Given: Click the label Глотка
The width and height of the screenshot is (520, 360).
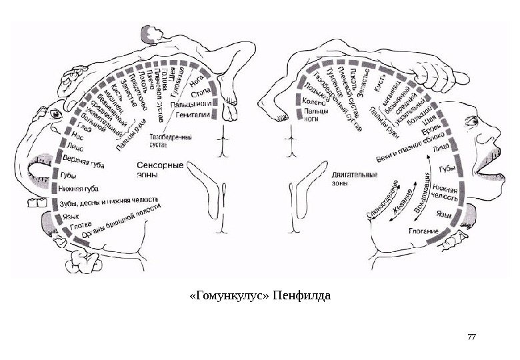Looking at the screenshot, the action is pos(71,226).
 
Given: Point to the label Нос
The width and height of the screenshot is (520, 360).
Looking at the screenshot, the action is pos(68,133).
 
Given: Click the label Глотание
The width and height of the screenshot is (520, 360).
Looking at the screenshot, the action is pos(423,231).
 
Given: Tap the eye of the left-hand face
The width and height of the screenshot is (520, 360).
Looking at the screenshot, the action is pos(55,113).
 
